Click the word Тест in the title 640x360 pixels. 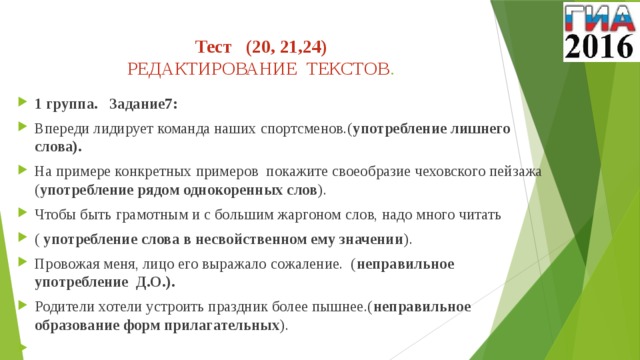(213, 46)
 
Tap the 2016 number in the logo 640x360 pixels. (599, 47)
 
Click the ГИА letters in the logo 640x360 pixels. (599, 18)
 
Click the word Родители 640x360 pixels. (68, 307)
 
